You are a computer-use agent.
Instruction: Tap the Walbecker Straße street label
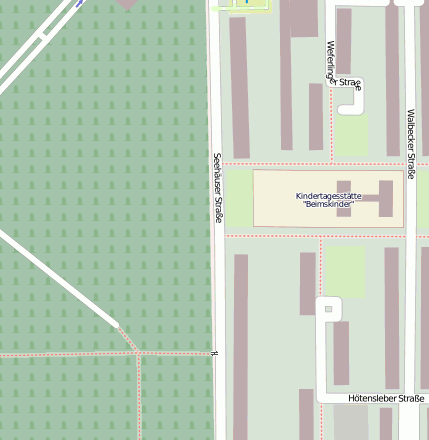(410, 145)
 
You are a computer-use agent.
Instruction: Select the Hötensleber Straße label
(386, 398)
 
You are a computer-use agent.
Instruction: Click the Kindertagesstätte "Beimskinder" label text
(329, 199)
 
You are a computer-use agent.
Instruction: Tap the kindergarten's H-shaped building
(364, 198)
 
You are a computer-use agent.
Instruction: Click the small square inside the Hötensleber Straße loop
(328, 310)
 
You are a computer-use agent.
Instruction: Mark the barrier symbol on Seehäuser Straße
(214, 353)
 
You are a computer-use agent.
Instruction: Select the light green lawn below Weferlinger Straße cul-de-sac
(351, 135)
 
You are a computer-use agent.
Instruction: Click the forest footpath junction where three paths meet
(138, 353)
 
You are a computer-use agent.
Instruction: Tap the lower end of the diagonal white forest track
(114, 324)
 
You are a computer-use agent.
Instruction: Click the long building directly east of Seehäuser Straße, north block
(239, 85)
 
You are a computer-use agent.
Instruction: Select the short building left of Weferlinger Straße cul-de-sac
(316, 115)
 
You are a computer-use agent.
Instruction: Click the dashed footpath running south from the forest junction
(138, 400)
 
